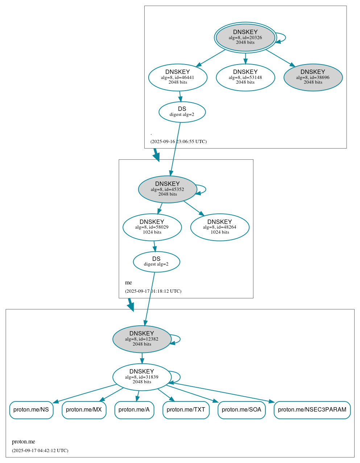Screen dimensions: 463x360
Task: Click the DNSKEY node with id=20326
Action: [245, 37]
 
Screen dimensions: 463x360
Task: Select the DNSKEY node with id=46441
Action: [178, 77]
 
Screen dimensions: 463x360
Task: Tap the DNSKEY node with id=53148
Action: [245, 77]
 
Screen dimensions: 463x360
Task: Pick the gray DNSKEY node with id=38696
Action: [313, 77]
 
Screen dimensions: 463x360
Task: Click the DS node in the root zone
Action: [182, 112]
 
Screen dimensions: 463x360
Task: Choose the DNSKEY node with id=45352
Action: [167, 189]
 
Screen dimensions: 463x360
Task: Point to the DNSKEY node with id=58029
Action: [152, 227]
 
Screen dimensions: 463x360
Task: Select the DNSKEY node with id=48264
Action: [220, 227]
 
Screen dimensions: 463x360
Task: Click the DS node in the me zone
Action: [156, 262]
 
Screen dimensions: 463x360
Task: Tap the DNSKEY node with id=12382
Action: [142, 339]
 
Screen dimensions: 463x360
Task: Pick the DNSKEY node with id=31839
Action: [142, 377]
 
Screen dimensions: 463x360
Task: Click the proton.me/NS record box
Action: [31, 410]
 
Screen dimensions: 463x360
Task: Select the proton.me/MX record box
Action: [84, 410]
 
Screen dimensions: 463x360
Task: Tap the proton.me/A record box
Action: [134, 410]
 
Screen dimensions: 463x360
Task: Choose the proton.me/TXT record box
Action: [186, 410]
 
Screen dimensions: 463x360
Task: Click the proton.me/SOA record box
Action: [241, 410]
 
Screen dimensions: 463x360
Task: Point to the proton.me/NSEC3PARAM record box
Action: [312, 410]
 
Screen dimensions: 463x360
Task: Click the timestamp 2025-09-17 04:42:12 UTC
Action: [40, 451]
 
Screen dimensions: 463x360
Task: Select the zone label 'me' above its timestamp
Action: [128, 283]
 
